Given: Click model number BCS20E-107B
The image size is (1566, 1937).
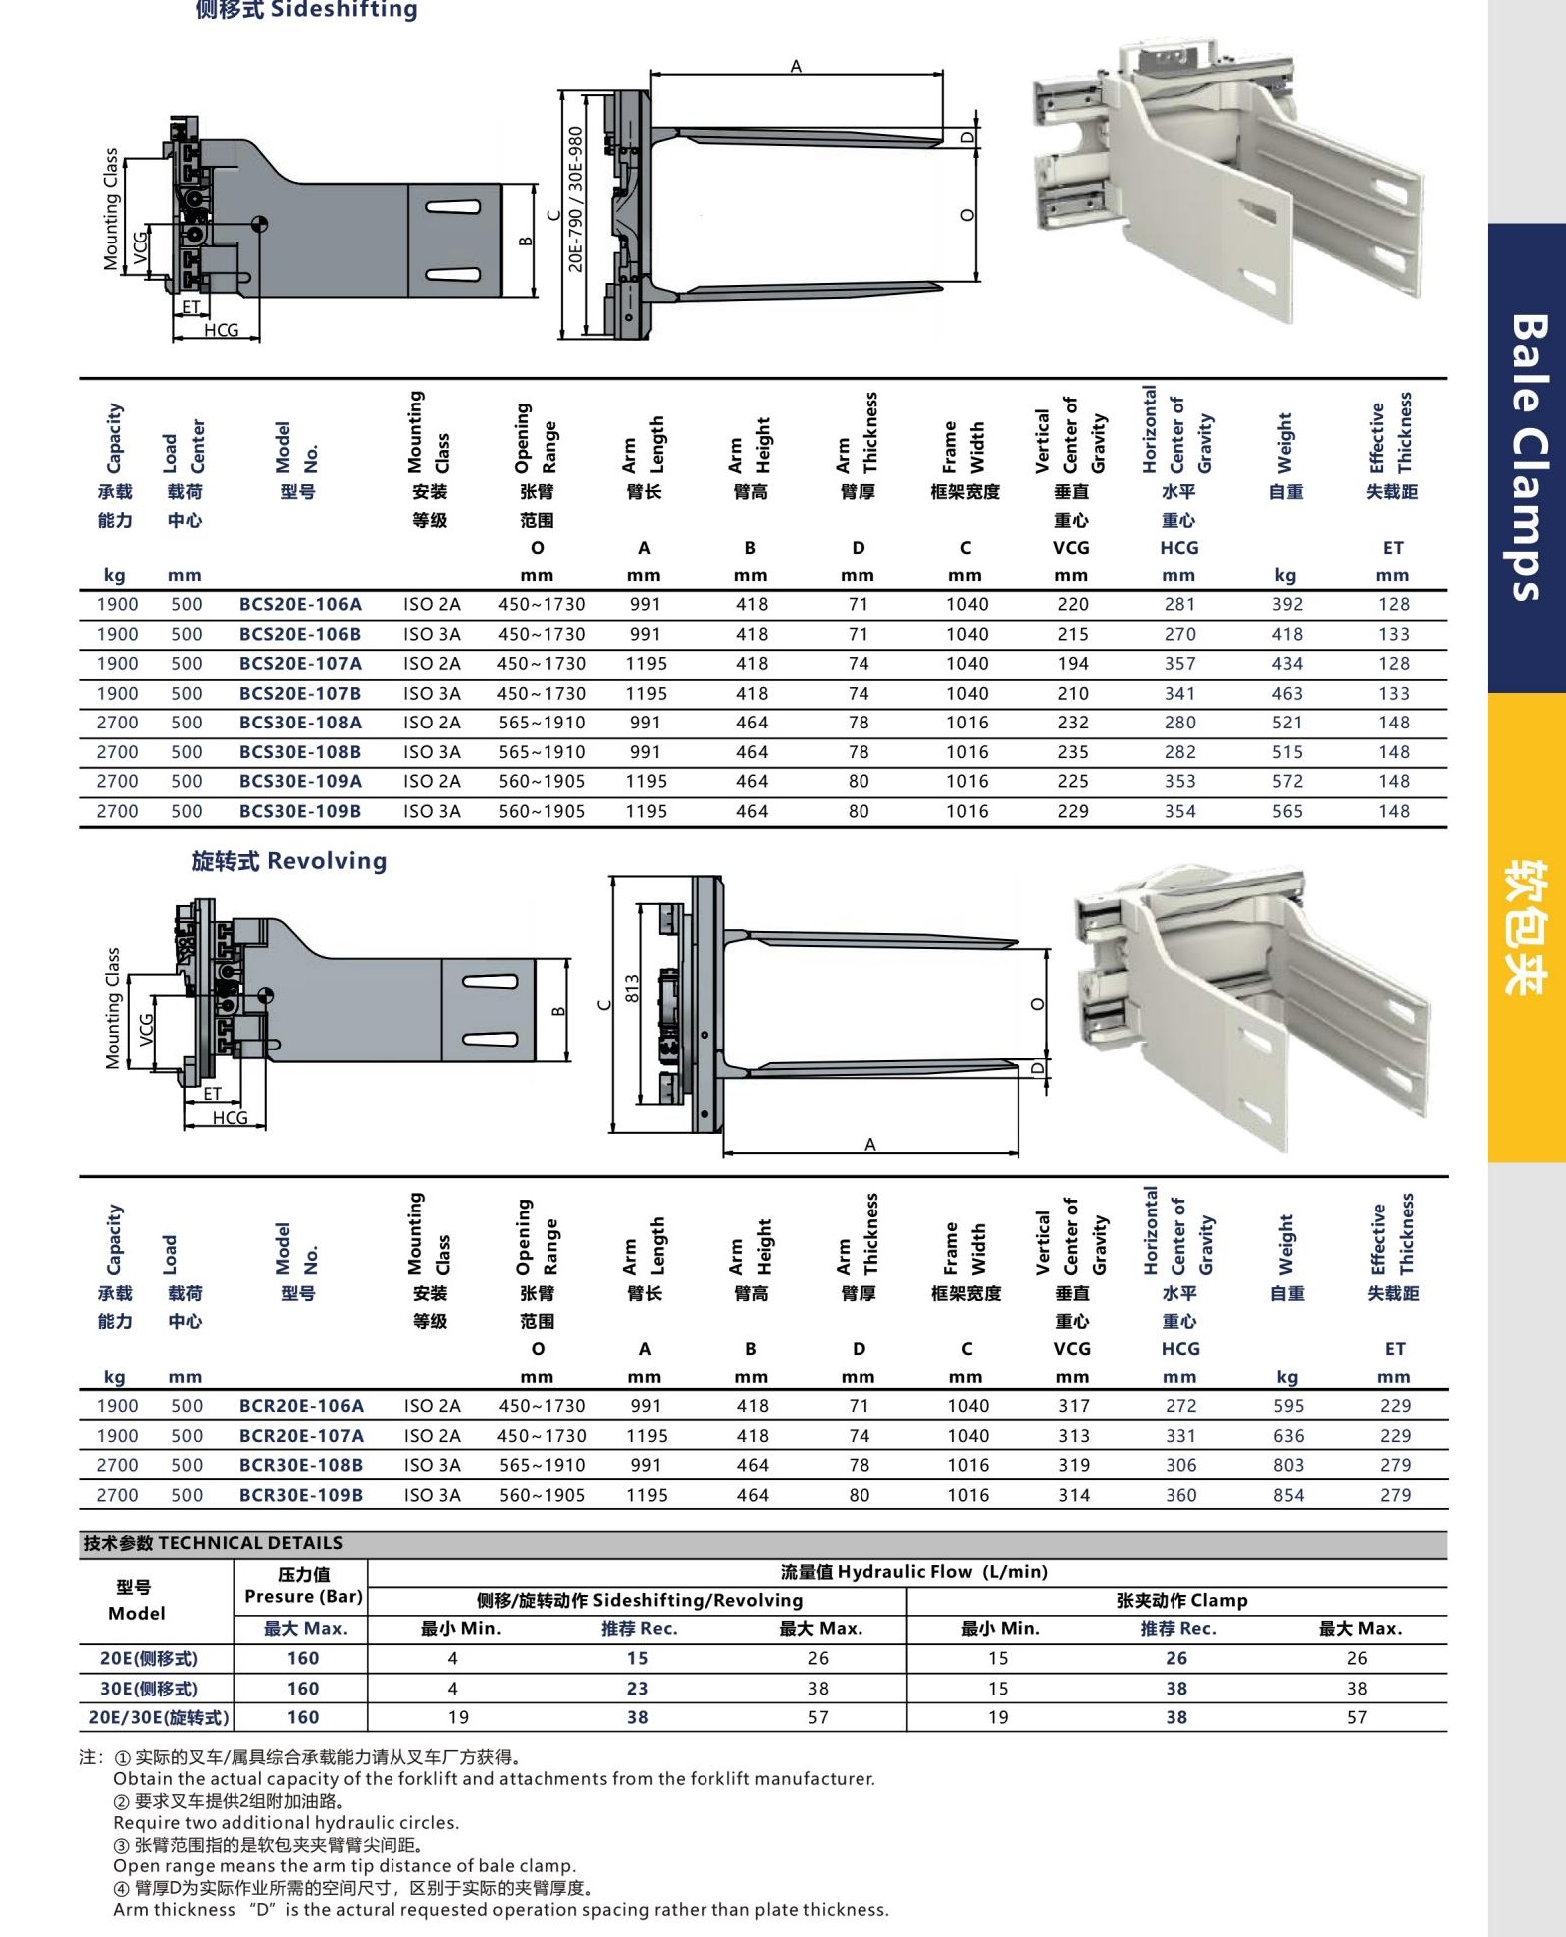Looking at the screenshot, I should pos(300,694).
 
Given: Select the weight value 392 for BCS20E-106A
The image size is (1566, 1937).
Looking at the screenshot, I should pos(1287,604).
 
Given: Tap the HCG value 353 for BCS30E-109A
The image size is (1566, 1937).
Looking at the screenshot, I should pos(1179,782).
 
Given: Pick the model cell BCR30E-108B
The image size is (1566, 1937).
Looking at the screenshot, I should pos(300,1465).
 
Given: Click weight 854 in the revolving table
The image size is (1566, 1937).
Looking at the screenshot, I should pos(1288,1495).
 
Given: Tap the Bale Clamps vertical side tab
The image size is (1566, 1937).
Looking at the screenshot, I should pos(1527,457).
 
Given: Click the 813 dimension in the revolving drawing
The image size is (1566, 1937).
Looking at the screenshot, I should pos(632,988).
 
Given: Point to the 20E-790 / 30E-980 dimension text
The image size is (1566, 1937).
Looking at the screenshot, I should pos(575,199).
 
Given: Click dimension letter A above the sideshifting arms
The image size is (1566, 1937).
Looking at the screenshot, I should pos(796,67).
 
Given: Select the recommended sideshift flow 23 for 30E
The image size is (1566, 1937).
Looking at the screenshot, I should pos(637,1688).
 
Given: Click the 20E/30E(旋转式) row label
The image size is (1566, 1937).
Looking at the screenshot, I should pos(159,1717).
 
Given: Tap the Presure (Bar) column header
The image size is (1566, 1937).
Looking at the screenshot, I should pos(303,1596).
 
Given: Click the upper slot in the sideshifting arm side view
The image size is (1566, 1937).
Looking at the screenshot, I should pos(453,207).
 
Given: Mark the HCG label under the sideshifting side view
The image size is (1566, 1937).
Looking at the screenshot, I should pos(221,330).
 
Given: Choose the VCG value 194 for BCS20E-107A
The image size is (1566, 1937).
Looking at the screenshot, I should pos(1072,664).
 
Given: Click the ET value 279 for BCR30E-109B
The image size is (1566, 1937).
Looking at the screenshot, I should pos(1395,1495).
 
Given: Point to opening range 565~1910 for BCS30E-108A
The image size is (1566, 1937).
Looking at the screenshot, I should pos(542,723).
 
